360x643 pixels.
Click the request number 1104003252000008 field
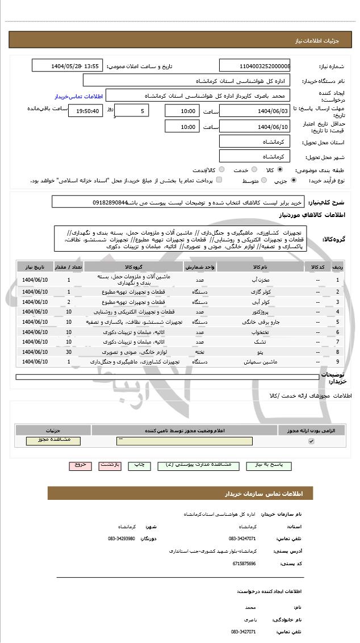point(255,66)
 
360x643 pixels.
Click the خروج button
point(80,465)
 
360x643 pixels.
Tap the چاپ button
point(139,465)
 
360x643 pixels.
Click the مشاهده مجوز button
point(53,440)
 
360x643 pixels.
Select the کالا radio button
point(280,169)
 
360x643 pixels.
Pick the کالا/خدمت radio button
point(221,169)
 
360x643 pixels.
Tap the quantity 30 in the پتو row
point(69,352)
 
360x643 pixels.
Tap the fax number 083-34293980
point(122,538)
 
